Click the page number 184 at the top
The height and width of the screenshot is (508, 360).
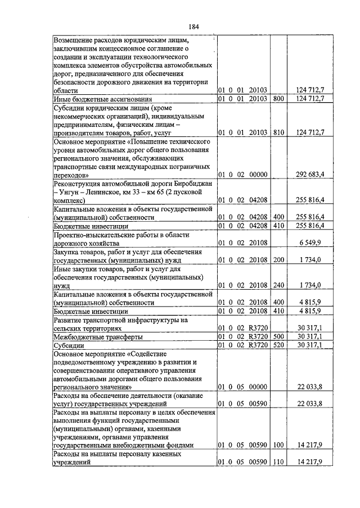tap(194, 27)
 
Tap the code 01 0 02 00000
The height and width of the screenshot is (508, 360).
tap(243, 175)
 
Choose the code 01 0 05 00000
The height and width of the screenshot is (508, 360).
tap(243, 387)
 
